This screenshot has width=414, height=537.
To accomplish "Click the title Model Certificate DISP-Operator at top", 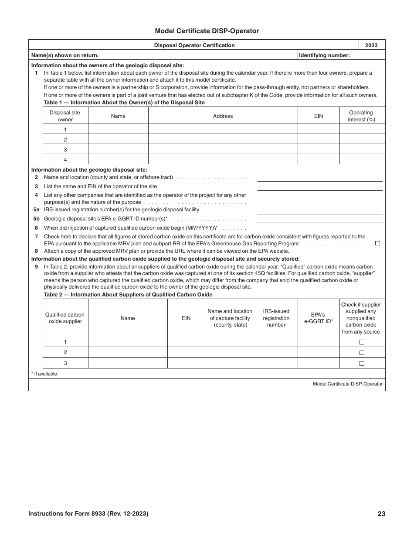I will tap(207, 31).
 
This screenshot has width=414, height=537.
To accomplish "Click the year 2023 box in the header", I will tap(371, 45).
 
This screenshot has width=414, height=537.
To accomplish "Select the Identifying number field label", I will tap(324, 55).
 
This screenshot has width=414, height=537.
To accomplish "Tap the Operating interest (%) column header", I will tap(361, 116).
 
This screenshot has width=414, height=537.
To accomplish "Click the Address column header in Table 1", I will tap(223, 116).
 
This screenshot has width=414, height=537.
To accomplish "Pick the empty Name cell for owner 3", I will tap(118, 149).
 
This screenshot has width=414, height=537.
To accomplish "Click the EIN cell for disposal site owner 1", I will tap(319, 129).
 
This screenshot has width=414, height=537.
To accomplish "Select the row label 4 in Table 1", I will tap(65, 160).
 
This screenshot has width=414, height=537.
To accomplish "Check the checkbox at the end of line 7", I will tap(377, 243).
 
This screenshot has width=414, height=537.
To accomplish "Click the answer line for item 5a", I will tap(319, 210).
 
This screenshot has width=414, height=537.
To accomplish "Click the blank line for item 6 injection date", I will tap(319, 228).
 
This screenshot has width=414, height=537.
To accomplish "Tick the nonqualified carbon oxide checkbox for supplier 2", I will tap(362, 353).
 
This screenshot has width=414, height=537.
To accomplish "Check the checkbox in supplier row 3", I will tap(362, 363).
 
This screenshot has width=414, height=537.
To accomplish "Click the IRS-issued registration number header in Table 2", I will tap(276, 318).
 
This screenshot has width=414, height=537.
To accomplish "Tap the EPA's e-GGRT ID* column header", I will tap(318, 318).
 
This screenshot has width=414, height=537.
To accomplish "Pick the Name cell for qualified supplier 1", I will tap(128, 342).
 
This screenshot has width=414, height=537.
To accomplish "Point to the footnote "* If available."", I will tap(44, 374).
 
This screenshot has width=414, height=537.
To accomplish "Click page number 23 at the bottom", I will tap(381, 514).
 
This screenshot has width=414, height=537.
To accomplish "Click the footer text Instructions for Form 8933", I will tap(88, 514).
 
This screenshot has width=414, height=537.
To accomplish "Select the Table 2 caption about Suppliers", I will tap(128, 295).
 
